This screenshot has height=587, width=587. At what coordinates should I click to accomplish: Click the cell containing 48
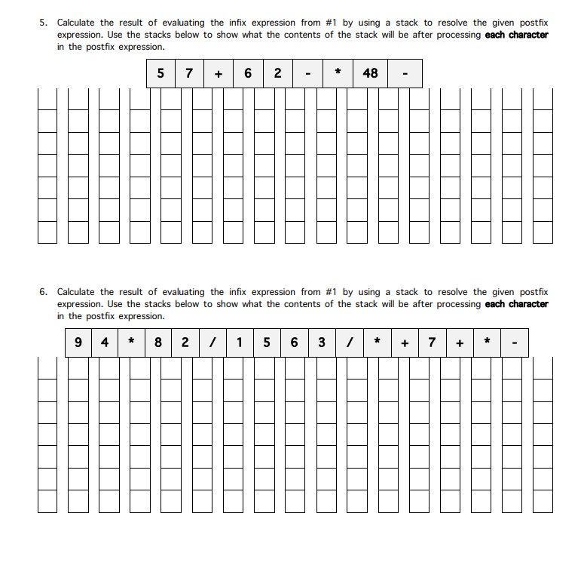(370, 73)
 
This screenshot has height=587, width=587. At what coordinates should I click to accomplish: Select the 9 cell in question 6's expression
(79, 343)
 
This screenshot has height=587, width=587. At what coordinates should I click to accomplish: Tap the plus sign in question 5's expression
(219, 73)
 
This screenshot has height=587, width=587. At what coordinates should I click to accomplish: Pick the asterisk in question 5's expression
(338, 73)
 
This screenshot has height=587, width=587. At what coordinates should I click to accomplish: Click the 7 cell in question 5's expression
(189, 73)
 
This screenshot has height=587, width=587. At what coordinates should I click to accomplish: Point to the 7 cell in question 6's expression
(432, 343)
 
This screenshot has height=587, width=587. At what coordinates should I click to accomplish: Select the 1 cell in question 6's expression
(240, 343)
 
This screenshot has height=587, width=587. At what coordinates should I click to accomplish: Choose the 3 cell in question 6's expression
(322, 343)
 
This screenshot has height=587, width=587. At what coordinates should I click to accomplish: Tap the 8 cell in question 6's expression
(158, 343)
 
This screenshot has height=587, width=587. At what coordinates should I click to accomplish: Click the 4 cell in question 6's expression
(105, 343)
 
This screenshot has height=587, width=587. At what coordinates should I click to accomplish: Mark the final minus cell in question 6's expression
(514, 343)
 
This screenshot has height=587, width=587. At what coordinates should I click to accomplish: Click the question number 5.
(44, 23)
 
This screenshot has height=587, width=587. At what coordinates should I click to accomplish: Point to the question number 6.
(44, 292)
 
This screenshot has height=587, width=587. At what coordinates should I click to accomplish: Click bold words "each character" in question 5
(516, 35)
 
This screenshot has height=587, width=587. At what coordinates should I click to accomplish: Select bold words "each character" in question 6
(516, 304)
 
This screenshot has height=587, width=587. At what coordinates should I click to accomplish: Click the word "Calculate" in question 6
(77, 292)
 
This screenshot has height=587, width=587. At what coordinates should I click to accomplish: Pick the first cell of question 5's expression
(161, 73)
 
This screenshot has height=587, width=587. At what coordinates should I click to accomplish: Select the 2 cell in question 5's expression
(278, 73)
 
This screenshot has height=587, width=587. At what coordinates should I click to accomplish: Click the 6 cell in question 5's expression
(248, 73)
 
